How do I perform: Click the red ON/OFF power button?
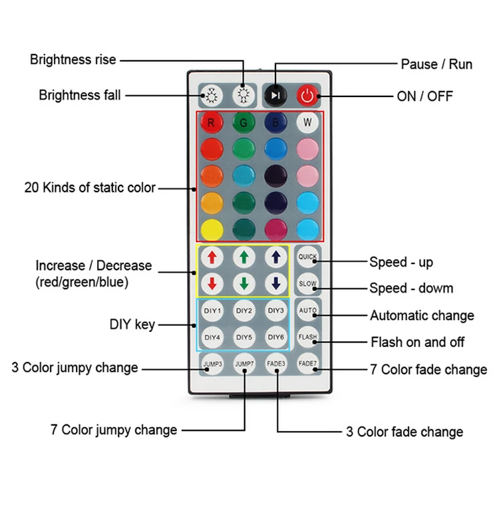point(307,96)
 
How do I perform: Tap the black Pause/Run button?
point(275,96)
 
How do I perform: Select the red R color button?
point(212,122)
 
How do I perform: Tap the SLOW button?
point(307,283)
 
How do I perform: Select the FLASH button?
point(307,337)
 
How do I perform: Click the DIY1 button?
point(212,311)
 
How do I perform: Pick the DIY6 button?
point(275,337)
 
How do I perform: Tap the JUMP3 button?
point(212,364)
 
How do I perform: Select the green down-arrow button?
point(244,283)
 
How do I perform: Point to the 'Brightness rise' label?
point(73,60)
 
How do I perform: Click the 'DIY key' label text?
point(132,325)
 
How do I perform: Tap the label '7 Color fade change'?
point(428,370)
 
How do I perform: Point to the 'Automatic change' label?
point(422,315)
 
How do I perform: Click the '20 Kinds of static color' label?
point(90,188)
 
